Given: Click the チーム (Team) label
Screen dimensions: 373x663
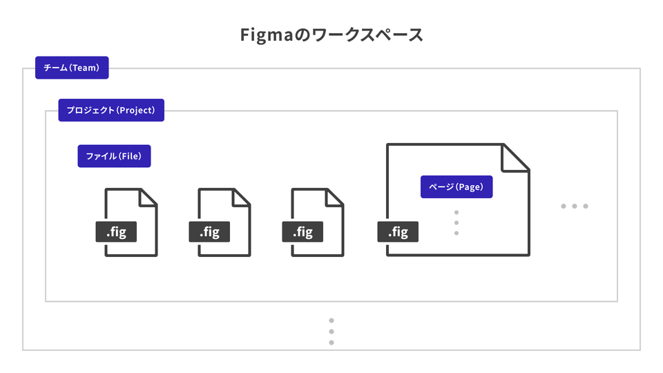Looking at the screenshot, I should click(x=73, y=68).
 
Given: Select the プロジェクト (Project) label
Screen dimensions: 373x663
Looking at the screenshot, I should click(x=111, y=110).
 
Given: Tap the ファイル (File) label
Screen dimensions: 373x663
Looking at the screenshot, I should click(x=114, y=156).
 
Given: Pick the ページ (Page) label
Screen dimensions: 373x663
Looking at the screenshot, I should click(x=457, y=186).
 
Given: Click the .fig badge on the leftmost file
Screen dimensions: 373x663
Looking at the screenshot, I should click(x=116, y=232).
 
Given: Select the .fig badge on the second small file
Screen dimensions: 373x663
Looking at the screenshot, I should click(x=209, y=232).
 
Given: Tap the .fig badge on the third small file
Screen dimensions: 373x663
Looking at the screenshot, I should click(x=302, y=232).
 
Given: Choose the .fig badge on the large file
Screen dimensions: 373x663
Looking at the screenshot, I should click(x=398, y=232).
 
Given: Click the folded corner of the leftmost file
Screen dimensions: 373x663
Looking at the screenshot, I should click(x=148, y=197).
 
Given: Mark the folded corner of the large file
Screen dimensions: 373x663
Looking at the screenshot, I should click(x=514, y=157).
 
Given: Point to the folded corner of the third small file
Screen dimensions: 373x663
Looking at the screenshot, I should click(x=335, y=197).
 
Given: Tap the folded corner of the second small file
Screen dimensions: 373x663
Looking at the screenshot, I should click(x=241, y=197).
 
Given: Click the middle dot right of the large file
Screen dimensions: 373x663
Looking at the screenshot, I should click(x=575, y=206).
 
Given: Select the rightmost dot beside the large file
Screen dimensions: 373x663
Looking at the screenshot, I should click(x=586, y=206).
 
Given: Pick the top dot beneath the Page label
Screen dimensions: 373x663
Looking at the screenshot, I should click(x=457, y=212).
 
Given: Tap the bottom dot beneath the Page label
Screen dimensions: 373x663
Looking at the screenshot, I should click(x=457, y=233).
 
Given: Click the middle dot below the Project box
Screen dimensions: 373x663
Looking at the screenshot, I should click(x=331, y=332).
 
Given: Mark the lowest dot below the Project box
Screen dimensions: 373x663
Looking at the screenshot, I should click(x=331, y=342).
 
